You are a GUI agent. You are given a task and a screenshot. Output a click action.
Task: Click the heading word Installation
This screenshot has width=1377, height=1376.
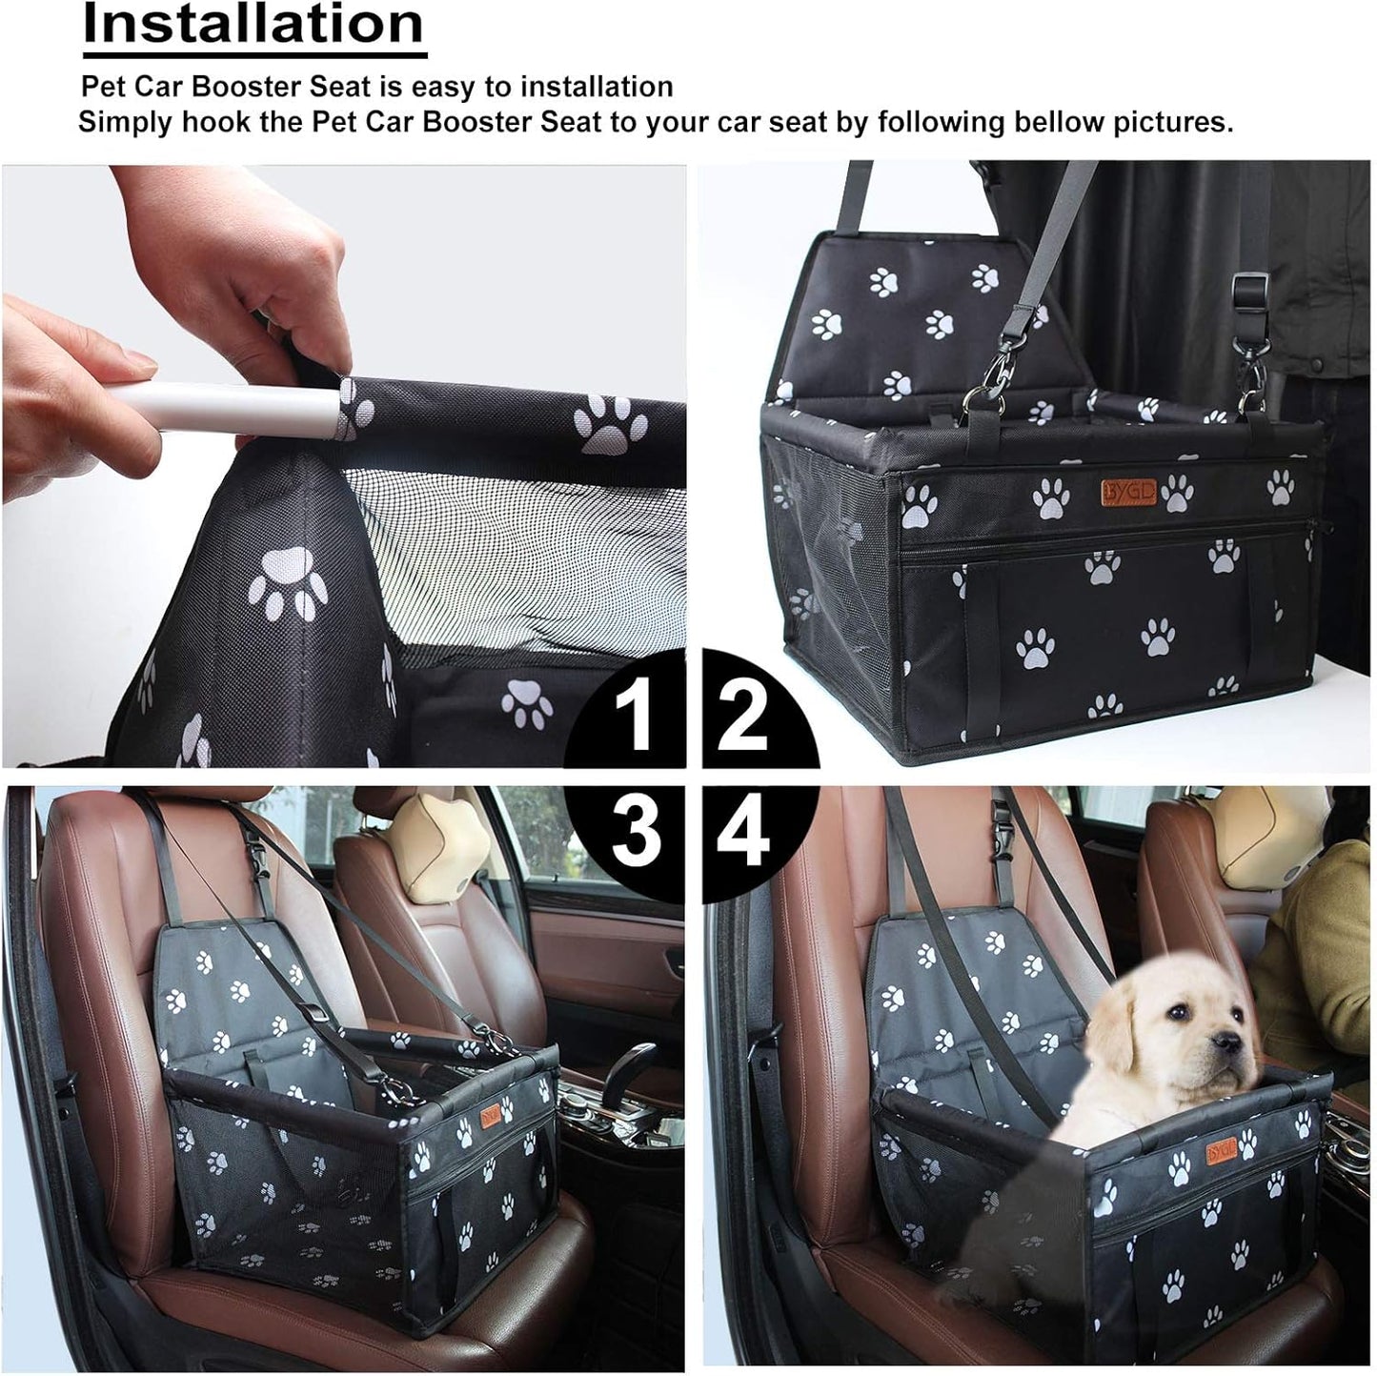[x=253, y=25]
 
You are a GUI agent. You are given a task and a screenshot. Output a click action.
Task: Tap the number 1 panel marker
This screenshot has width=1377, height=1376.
[x=633, y=717]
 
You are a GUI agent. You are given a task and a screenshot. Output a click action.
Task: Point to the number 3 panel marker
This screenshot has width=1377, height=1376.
[x=635, y=830]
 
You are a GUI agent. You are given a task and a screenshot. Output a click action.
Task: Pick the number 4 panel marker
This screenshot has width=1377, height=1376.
[x=743, y=831]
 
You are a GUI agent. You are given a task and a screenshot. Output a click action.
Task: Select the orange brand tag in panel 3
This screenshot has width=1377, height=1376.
[x=491, y=1114]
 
